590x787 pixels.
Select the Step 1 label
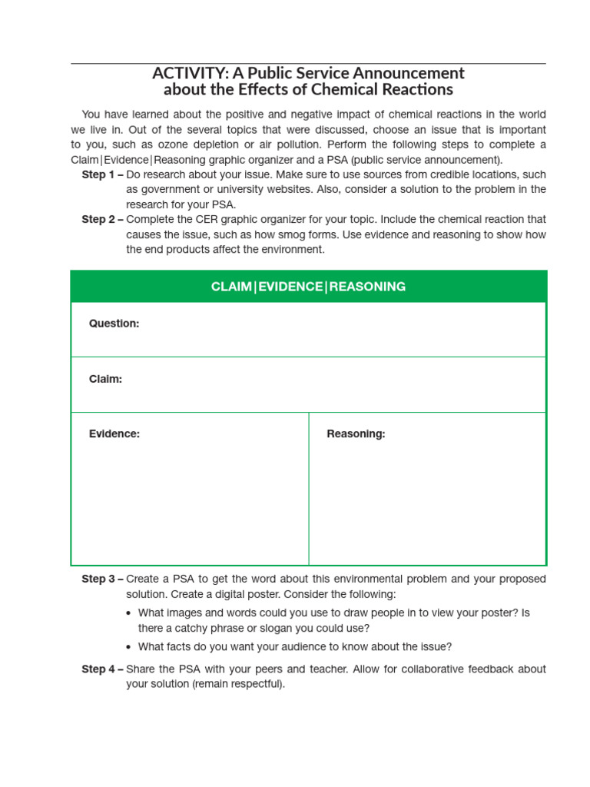coord(102,174)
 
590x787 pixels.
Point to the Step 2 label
coord(102,220)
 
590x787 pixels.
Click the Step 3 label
coord(102,579)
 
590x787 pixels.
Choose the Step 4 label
coord(102,669)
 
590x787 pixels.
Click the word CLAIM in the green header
coord(231,287)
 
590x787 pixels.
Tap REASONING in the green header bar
coord(367,287)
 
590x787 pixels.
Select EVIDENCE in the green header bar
coord(290,287)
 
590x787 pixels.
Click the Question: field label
coord(114,324)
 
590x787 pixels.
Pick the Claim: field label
coord(105,379)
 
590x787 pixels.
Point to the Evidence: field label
coord(114,433)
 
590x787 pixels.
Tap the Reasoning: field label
coord(356,433)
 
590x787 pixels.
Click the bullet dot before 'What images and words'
coord(128,613)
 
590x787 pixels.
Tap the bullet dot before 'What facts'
coord(128,647)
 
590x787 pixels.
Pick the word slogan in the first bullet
coord(277,628)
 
